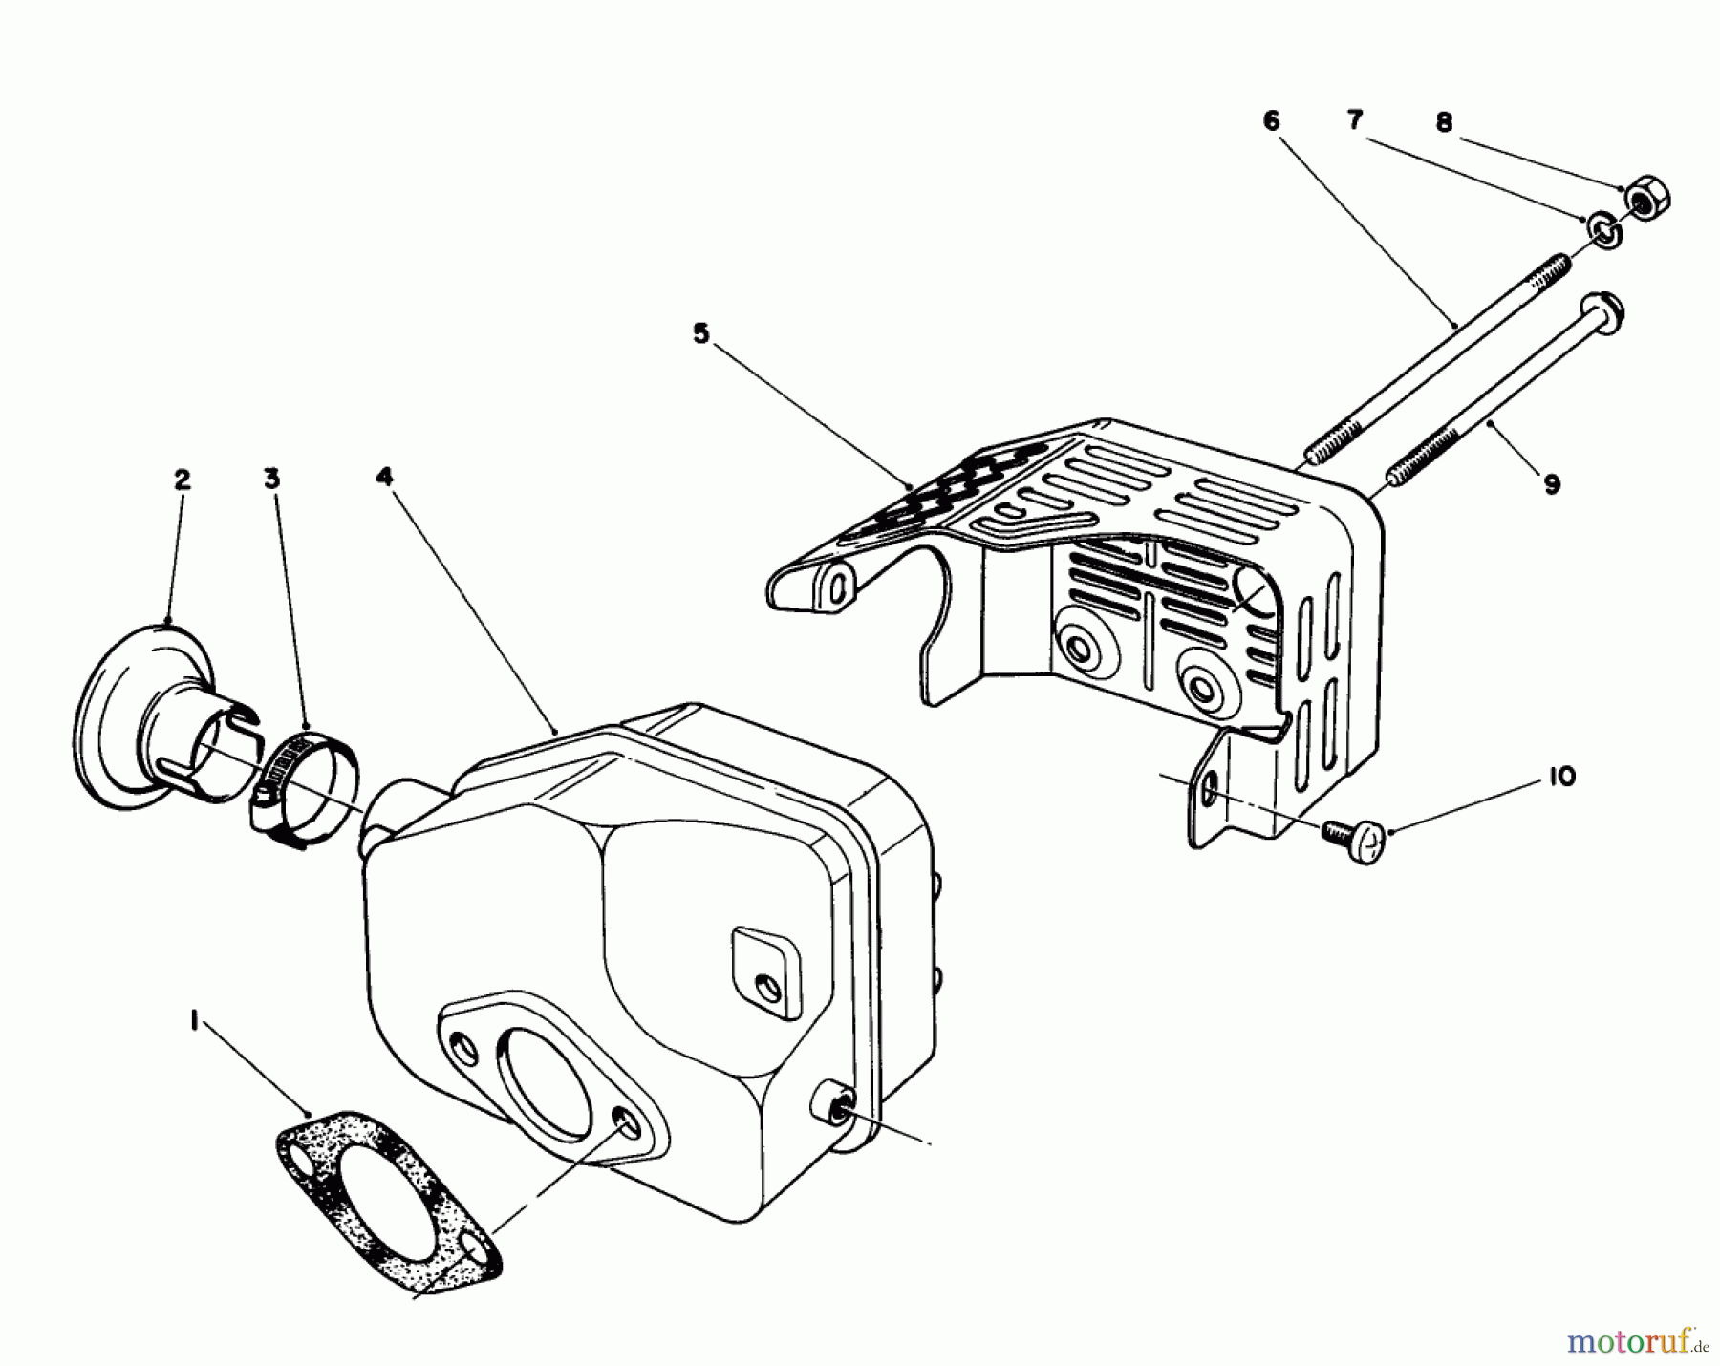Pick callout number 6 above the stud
(x=1271, y=121)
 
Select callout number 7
(x=1354, y=120)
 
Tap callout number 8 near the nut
(x=1444, y=122)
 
